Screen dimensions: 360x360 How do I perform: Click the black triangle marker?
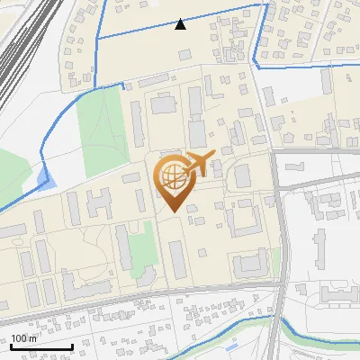[x=181, y=24]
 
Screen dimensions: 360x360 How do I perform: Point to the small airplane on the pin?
[x=198, y=163]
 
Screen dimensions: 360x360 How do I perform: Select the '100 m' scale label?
[x=24, y=338]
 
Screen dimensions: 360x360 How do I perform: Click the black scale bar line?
[x=41, y=347]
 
